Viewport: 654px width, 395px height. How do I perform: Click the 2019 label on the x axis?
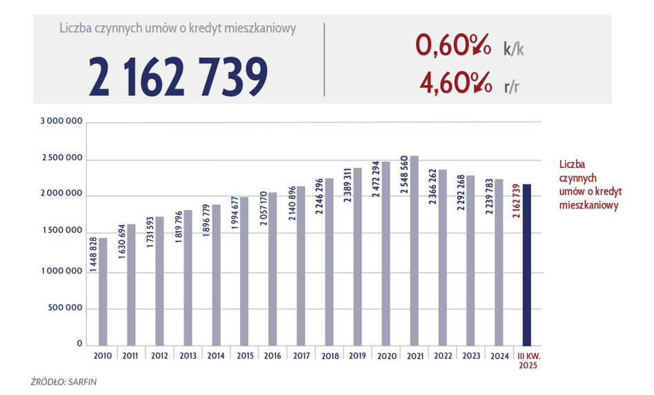(x=357, y=356)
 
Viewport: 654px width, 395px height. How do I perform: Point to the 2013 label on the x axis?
(x=188, y=356)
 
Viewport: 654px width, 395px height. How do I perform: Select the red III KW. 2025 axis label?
(x=527, y=360)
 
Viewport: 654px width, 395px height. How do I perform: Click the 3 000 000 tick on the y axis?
(x=61, y=122)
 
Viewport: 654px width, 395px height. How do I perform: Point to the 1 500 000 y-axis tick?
(x=61, y=233)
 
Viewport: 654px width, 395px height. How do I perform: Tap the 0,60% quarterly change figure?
(x=453, y=46)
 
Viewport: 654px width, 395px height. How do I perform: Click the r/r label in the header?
(x=512, y=86)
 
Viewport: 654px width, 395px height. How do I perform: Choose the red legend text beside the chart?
(x=588, y=185)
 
